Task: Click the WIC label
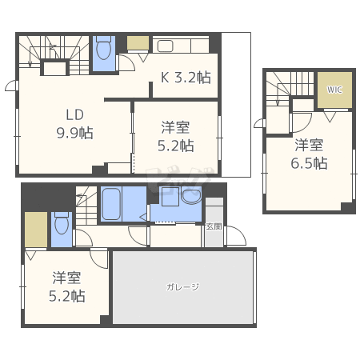coord(334,90)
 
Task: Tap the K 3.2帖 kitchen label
coord(186,78)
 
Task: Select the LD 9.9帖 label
coord(75,124)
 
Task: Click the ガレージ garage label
coord(182,287)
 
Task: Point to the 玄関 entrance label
coord(214,226)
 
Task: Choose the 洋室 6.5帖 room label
coord(309,154)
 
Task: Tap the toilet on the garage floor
coord(62,223)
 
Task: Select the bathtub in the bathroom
coord(111,204)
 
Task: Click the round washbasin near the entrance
coord(191,195)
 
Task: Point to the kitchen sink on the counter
coord(166,46)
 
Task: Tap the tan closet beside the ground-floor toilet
coord(36,230)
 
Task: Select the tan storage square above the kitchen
coord(138,43)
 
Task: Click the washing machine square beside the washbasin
coord(170,197)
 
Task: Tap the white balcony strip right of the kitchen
coord(236,105)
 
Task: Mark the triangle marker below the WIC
coord(330,117)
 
